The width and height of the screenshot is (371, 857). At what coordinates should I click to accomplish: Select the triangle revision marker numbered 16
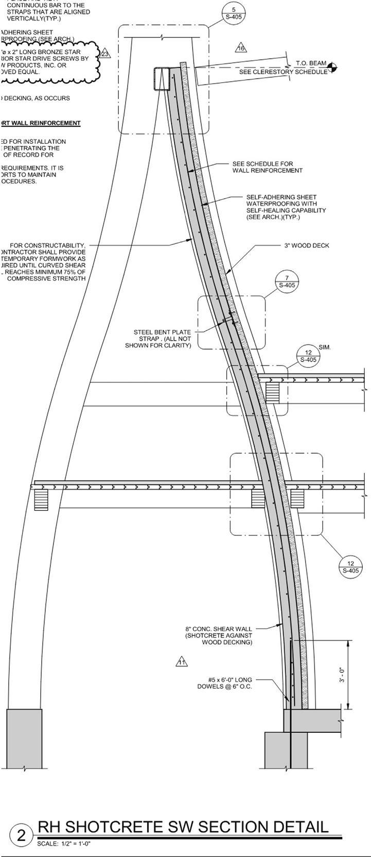pyautogui.click(x=241, y=48)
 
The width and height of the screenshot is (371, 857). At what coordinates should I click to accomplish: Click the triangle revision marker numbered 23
pyautogui.click(x=105, y=54)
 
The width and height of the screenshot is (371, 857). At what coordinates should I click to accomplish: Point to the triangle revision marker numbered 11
pyautogui.click(x=181, y=662)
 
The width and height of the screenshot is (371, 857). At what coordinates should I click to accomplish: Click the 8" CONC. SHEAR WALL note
pyautogui.click(x=219, y=635)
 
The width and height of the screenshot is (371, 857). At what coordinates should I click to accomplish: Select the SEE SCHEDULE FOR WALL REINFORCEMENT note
pyautogui.click(x=267, y=167)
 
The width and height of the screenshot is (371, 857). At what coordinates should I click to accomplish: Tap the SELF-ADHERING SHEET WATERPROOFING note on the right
pyautogui.click(x=286, y=207)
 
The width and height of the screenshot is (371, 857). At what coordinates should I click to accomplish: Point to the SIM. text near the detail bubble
pyautogui.click(x=325, y=347)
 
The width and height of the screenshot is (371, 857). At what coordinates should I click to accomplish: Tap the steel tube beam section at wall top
pyautogui.click(x=162, y=79)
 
